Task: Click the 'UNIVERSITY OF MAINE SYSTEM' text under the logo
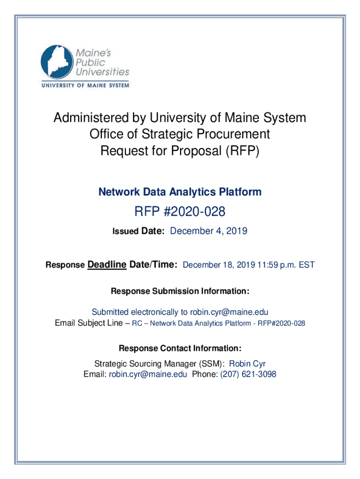pyautogui.click(x=85, y=85)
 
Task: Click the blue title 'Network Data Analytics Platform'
pyautogui.click(x=180, y=192)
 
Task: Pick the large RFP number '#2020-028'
pyautogui.click(x=194, y=212)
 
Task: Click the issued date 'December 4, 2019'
pyautogui.click(x=209, y=231)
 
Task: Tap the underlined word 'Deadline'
pyautogui.click(x=107, y=264)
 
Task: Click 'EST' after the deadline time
pyautogui.click(x=307, y=265)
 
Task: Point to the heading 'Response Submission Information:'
pyautogui.click(x=180, y=291)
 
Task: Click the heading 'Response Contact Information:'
pyautogui.click(x=180, y=348)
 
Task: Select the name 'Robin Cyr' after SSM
pyautogui.click(x=247, y=364)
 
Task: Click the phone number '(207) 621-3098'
pyautogui.click(x=248, y=374)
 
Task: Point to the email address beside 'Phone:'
pyautogui.click(x=148, y=374)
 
